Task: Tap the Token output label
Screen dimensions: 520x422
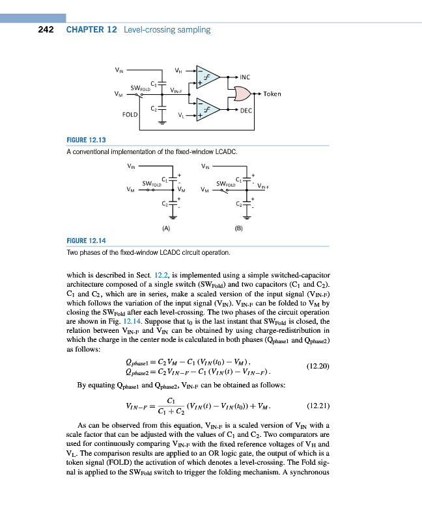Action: point(272,94)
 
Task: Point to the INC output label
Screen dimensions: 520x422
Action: point(246,77)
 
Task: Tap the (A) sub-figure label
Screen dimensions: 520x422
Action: point(166,227)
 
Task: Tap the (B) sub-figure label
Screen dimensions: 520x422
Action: point(238,227)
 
